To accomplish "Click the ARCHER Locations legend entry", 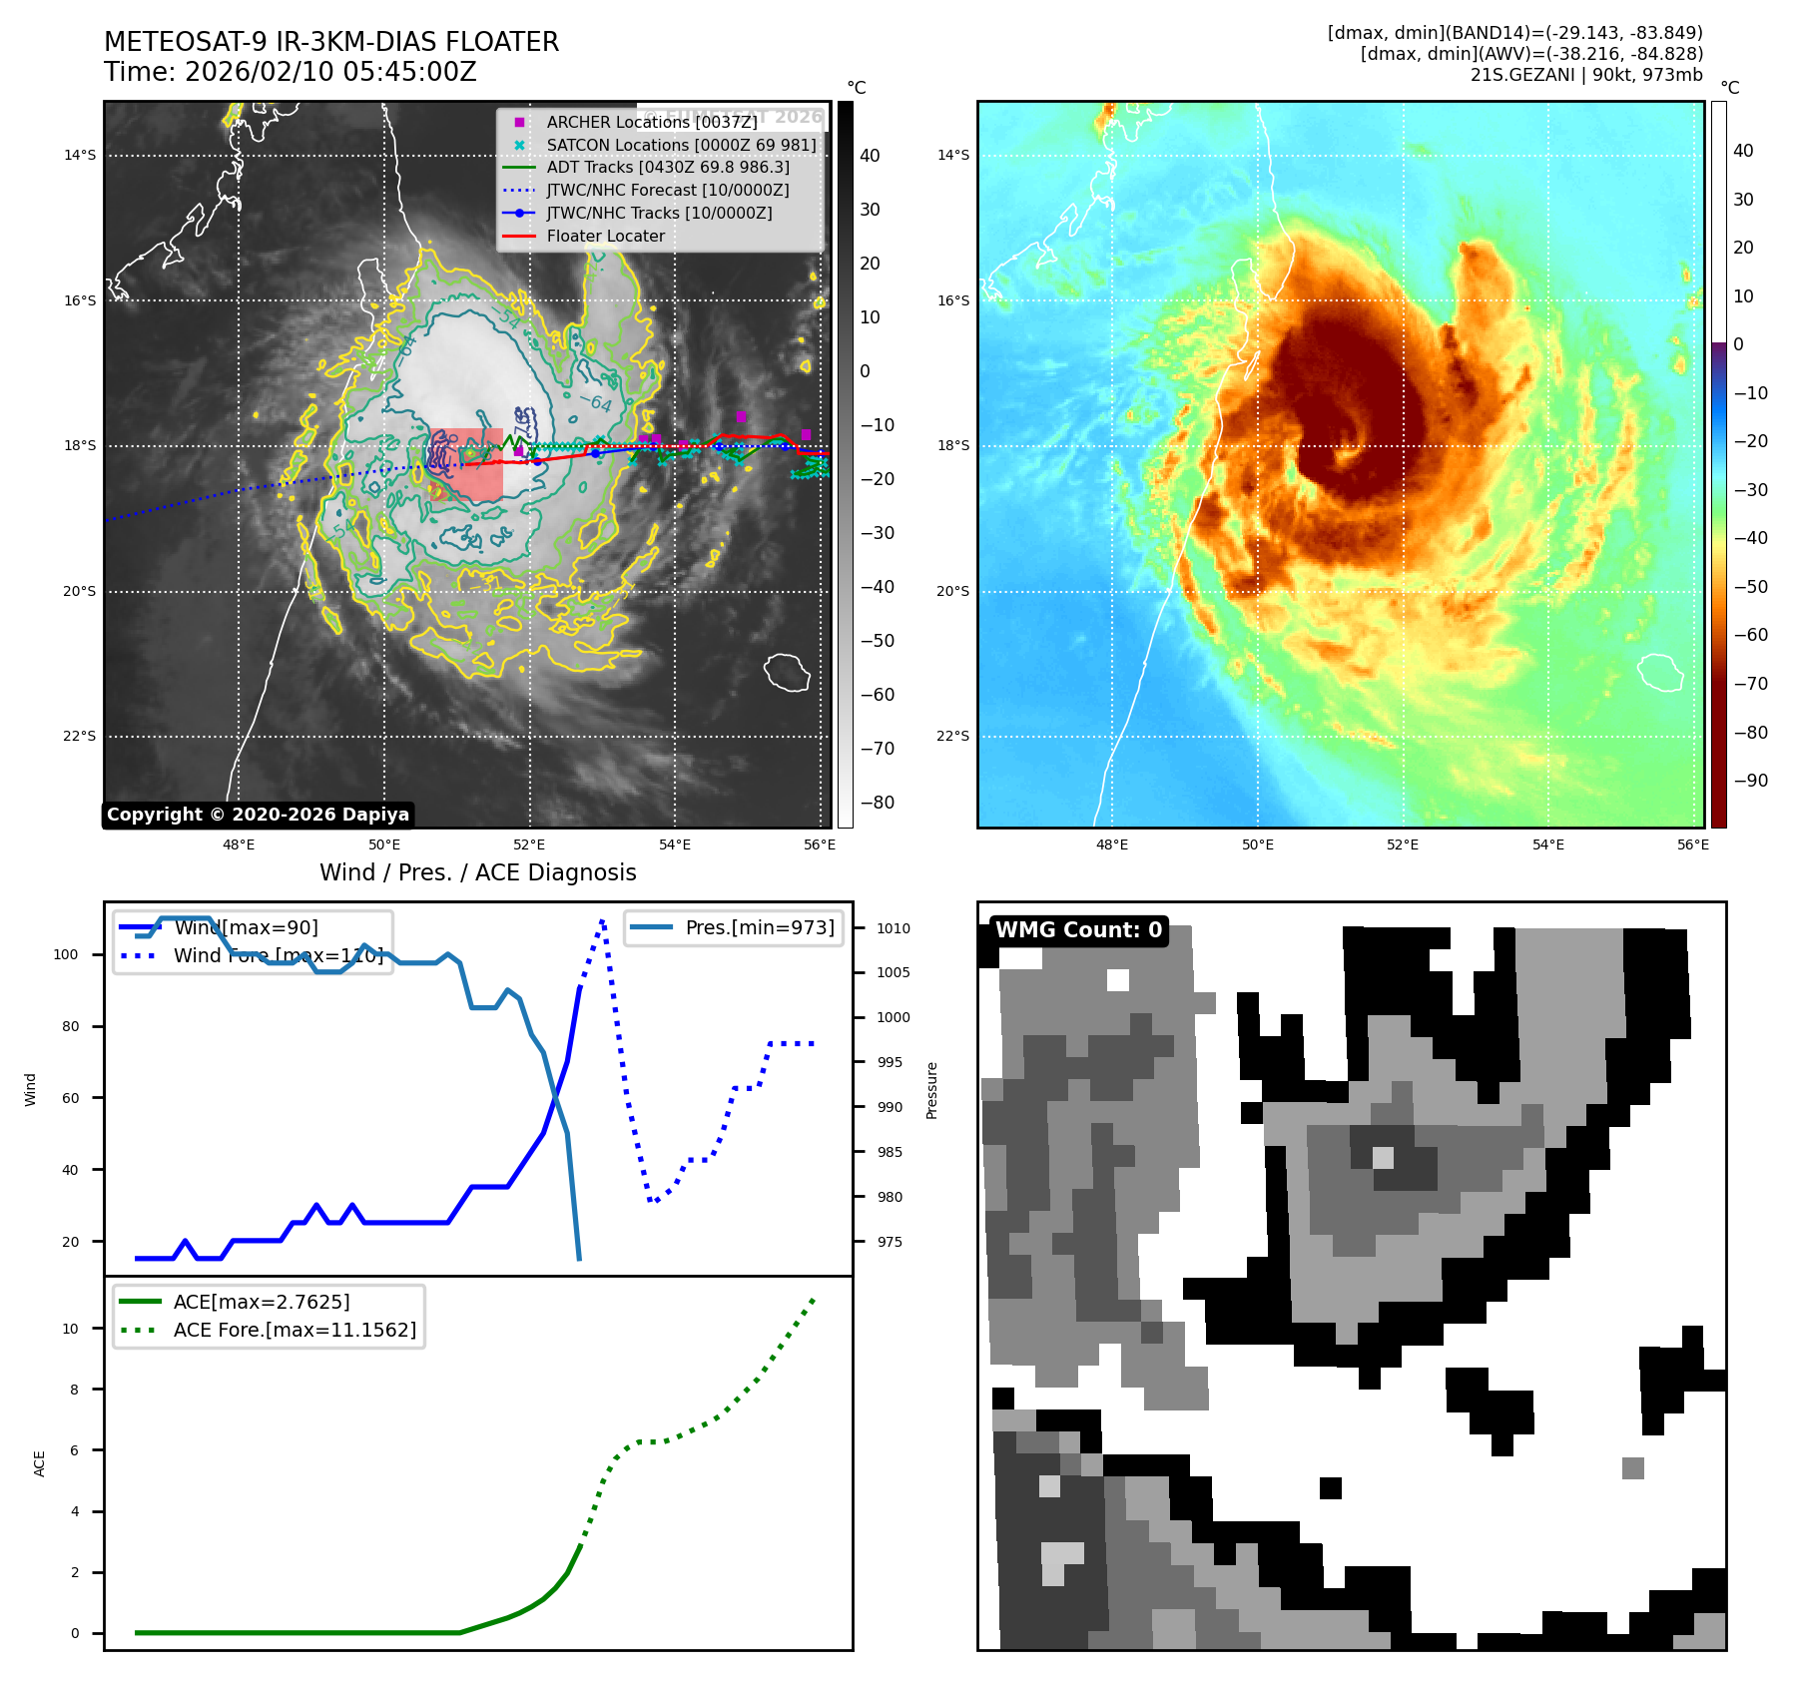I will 651,122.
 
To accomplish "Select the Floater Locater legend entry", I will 605,236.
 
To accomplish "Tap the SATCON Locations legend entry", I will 681,145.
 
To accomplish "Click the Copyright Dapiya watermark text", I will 258,815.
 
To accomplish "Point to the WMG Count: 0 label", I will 1078,930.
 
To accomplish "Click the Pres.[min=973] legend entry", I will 760,927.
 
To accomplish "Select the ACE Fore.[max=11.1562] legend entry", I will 295,1330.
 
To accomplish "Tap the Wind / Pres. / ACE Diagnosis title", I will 477,872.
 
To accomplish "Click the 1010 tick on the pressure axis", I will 894,928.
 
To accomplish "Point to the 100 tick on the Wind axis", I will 66,954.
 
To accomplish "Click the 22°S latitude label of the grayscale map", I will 80,737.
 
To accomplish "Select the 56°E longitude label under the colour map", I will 1693,844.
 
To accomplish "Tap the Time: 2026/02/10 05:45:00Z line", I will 290,73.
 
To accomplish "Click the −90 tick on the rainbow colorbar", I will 1750,781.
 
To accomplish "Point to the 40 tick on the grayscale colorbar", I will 870,156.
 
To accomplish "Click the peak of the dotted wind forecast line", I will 603,919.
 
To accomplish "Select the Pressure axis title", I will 931,1090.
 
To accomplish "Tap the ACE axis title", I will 40,1463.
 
